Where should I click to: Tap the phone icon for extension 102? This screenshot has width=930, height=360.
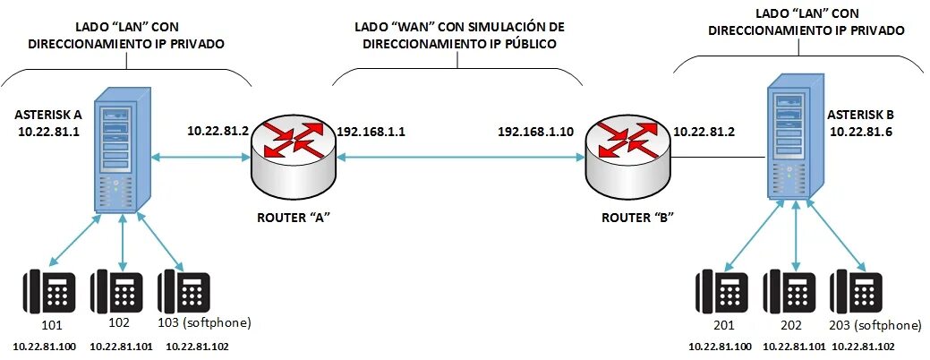(118, 293)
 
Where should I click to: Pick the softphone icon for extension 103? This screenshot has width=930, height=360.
(183, 293)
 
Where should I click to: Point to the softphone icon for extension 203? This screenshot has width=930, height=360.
(855, 293)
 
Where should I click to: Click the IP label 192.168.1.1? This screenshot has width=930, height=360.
(371, 131)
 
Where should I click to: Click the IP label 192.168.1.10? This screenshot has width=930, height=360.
(535, 131)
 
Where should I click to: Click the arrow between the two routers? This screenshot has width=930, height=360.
(456, 158)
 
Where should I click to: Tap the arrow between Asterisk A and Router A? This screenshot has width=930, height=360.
(200, 158)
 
